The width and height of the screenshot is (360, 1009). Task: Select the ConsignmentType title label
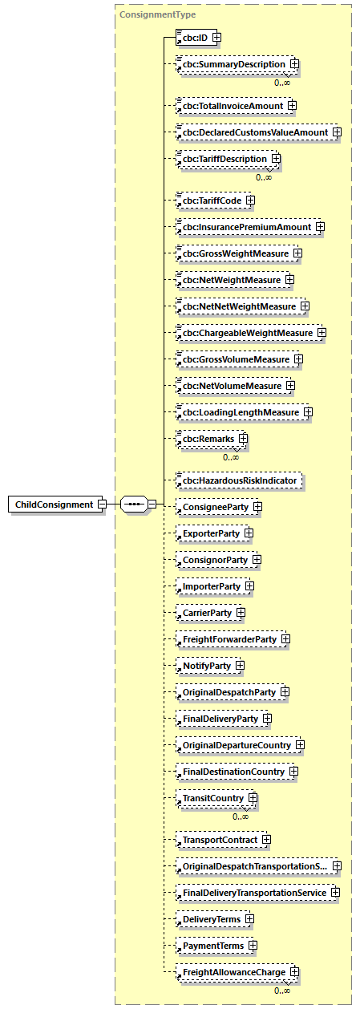tap(157, 14)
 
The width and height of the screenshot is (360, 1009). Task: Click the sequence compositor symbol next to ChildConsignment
tap(133, 504)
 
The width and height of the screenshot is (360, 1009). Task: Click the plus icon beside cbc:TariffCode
tap(251, 200)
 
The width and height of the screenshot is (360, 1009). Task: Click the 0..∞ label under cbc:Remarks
tap(231, 457)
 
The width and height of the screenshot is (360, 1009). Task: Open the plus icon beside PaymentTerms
tap(253, 946)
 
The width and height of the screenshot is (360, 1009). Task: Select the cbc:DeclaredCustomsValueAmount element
tap(253, 132)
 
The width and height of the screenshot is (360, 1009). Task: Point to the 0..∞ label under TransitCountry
tap(241, 817)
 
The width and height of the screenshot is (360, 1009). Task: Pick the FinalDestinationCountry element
tap(232, 772)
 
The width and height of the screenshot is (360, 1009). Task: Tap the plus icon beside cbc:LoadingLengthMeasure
tap(308, 412)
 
